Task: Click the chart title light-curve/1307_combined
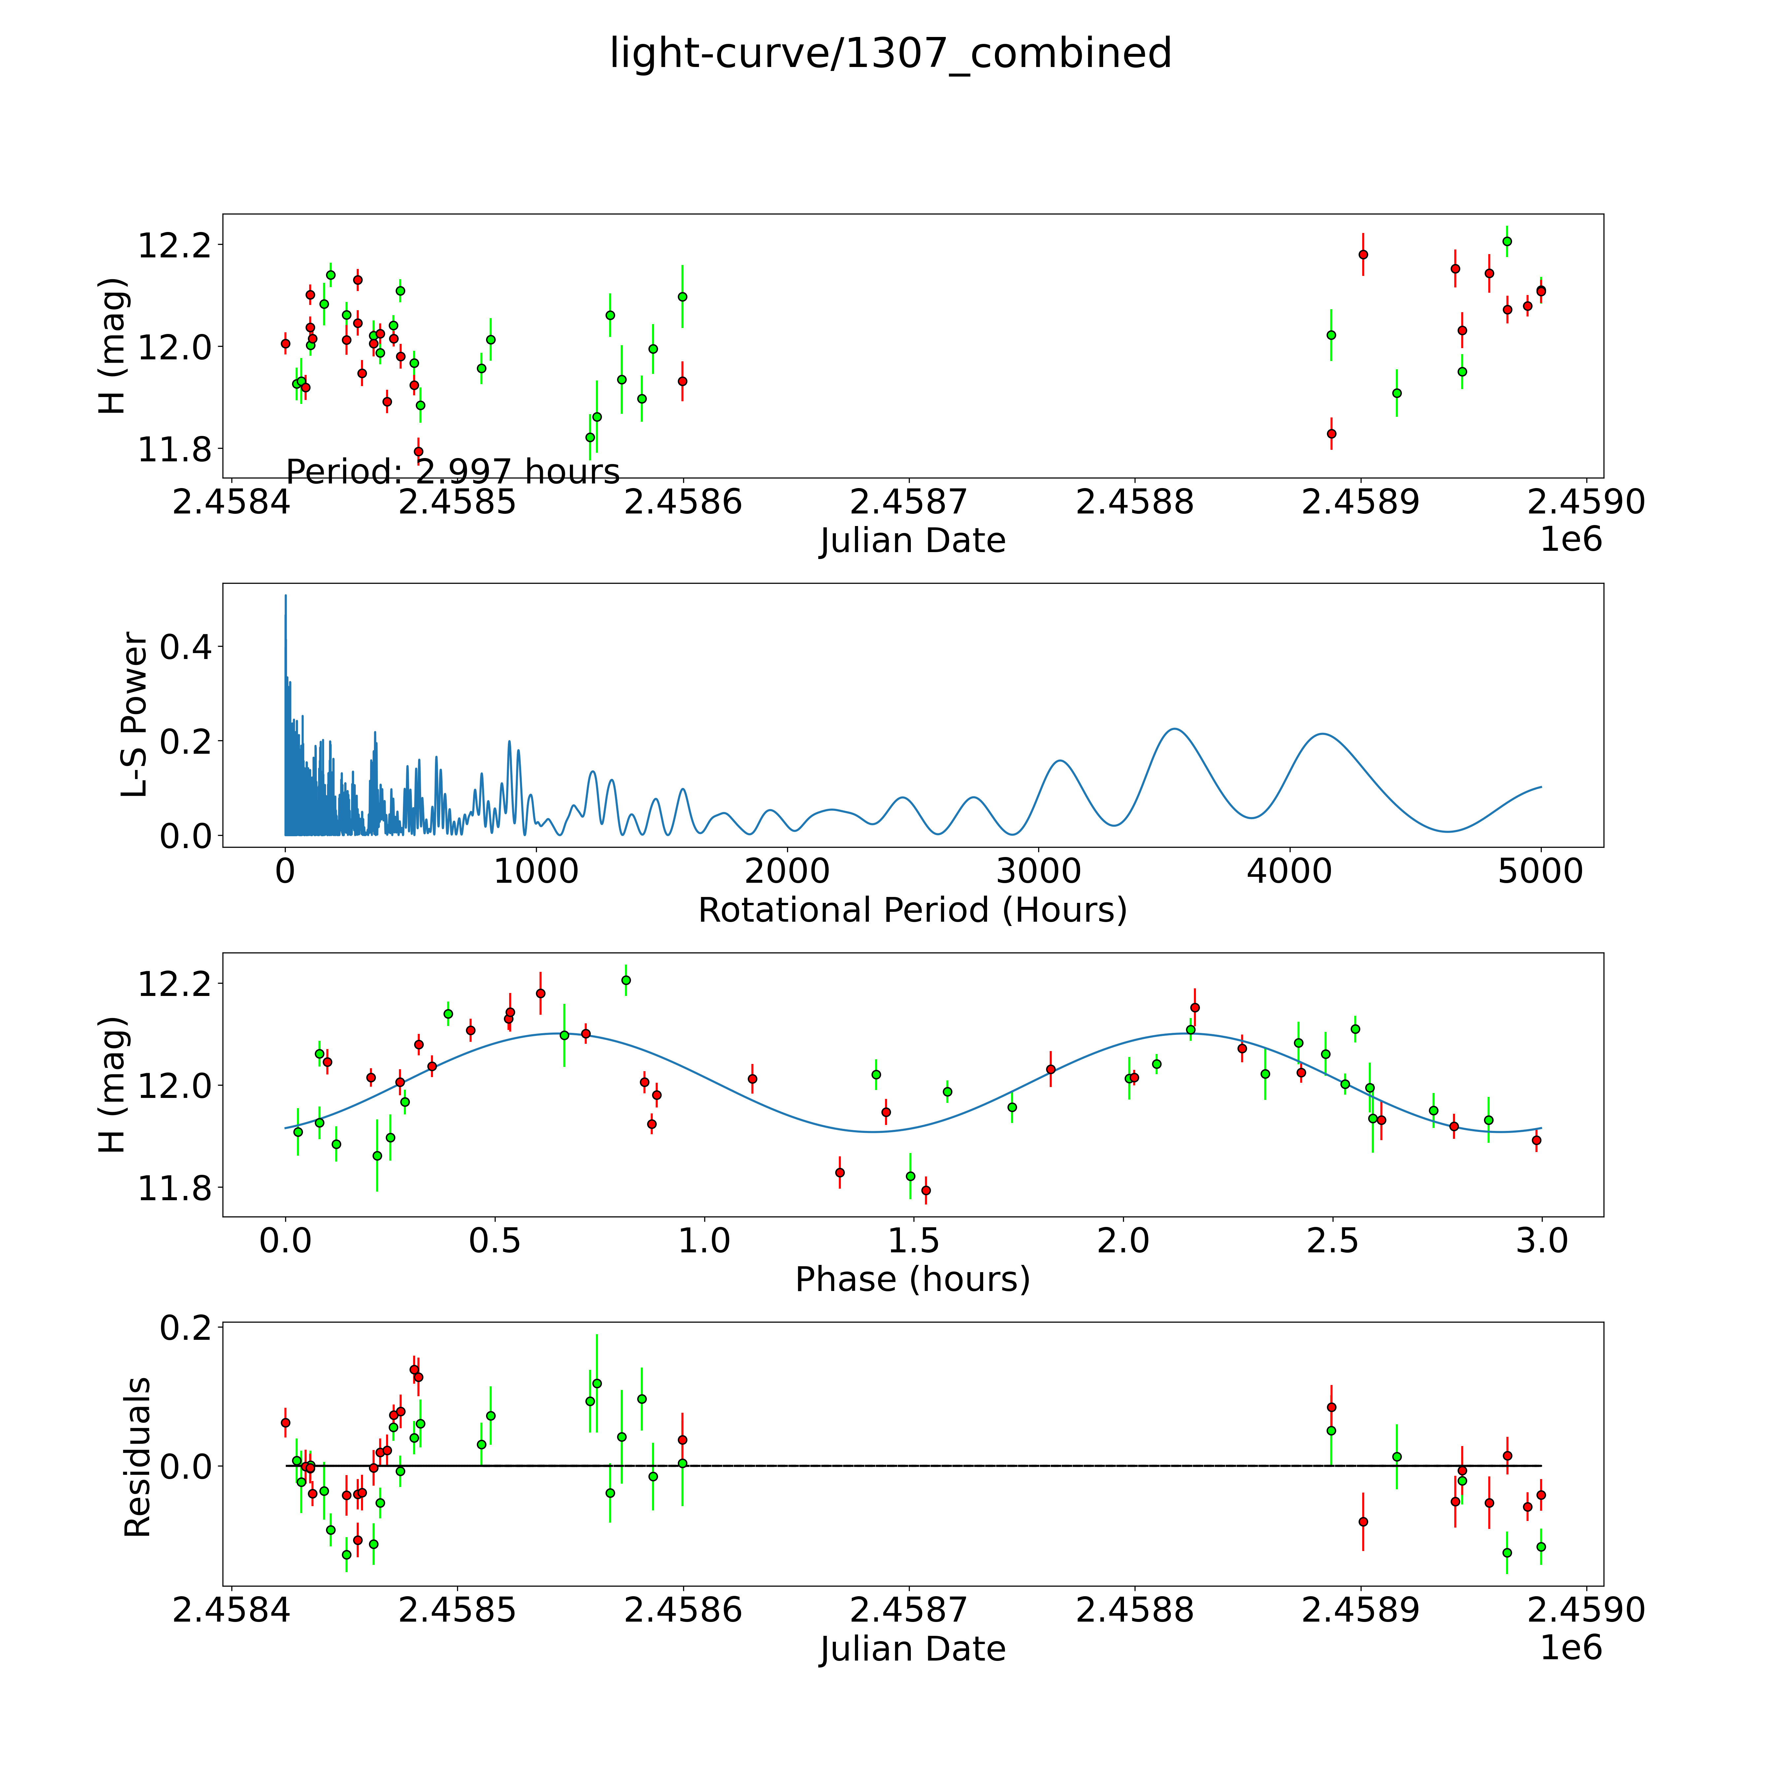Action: pos(890,53)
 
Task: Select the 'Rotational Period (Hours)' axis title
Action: pos(912,910)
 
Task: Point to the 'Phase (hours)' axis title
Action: pos(912,1279)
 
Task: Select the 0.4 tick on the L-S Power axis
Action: pos(185,646)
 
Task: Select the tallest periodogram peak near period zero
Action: pos(286,596)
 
